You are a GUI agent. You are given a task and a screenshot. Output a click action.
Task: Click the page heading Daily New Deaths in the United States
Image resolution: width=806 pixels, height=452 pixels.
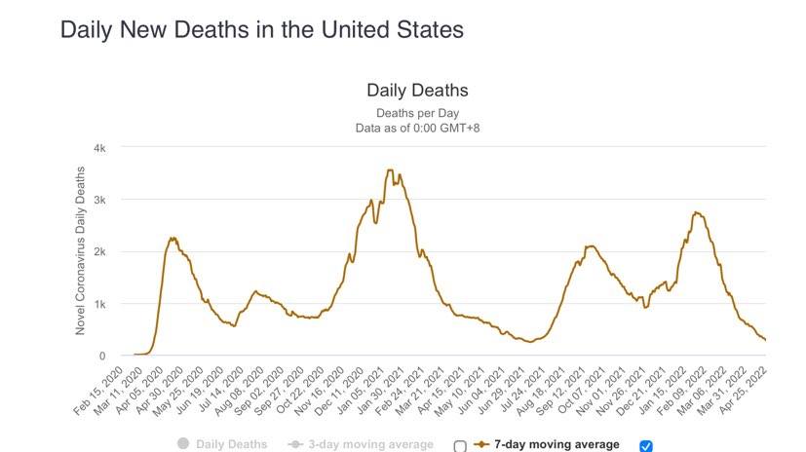(261, 29)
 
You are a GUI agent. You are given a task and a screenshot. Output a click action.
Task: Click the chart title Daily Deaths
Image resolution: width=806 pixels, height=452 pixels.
(417, 91)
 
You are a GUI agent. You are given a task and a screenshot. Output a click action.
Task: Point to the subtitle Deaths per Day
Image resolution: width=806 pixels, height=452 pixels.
(417, 113)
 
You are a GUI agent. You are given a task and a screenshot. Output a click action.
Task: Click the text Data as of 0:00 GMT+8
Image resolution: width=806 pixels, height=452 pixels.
(417, 128)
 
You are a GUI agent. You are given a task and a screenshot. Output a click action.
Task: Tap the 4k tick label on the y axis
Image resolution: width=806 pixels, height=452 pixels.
(99, 148)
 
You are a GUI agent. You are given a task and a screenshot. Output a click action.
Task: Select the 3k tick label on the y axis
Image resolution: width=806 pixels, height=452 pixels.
(99, 200)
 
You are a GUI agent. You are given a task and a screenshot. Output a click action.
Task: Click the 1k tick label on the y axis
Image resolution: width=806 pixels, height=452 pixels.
(99, 304)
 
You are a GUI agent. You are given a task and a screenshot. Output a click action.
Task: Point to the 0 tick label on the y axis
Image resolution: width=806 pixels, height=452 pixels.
(102, 356)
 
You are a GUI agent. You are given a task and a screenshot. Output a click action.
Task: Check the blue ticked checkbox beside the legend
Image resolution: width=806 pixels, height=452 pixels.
(645, 446)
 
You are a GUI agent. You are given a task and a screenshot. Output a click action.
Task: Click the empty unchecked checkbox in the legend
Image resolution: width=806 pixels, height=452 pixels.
(460, 446)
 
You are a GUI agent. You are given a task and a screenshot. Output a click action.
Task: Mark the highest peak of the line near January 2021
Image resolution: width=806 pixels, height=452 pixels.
(390, 170)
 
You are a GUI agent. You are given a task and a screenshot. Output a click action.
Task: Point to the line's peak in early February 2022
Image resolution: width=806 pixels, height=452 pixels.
(696, 212)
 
